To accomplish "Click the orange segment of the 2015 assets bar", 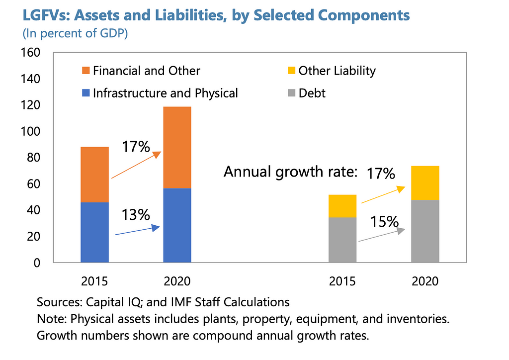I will [x=94, y=175].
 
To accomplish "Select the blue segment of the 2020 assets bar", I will [x=177, y=225].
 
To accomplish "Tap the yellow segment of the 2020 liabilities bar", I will [x=425, y=183].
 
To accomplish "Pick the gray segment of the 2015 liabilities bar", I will [x=342, y=240].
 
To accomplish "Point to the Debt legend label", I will [x=312, y=93].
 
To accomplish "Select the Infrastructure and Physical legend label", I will [x=166, y=93].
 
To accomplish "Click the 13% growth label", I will [x=136, y=215].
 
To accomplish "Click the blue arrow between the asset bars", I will [x=137, y=231].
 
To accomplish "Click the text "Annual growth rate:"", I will [x=290, y=172].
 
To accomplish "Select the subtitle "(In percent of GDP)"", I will [x=75, y=35].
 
